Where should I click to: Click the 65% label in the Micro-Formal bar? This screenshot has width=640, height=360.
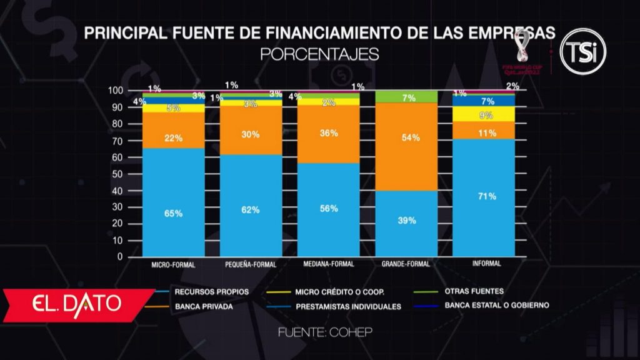(173, 214)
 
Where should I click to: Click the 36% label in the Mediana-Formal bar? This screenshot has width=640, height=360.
(329, 133)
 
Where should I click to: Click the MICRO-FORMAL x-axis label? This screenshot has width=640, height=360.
(173, 264)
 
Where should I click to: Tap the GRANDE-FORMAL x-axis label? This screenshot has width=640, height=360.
(406, 264)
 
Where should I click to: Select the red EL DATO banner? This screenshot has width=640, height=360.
(78, 304)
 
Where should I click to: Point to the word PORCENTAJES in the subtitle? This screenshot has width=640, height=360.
(319, 54)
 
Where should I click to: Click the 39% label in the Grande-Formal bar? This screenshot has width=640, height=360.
(406, 220)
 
